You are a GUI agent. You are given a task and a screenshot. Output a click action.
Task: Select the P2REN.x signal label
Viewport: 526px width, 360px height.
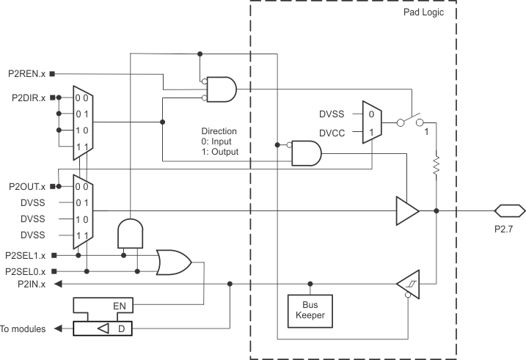(25, 73)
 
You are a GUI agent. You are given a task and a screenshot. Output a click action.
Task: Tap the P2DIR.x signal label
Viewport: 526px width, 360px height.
(25, 97)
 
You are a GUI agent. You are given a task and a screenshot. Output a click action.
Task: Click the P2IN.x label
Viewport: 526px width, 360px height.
(30, 284)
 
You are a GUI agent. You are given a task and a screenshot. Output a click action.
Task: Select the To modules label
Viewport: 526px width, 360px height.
(24, 329)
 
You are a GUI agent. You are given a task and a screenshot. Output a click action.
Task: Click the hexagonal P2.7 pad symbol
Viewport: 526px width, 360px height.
(508, 211)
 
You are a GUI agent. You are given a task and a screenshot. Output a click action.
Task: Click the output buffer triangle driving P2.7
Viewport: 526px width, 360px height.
(406, 211)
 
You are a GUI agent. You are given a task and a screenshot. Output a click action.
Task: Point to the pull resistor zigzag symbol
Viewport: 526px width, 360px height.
(436, 165)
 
